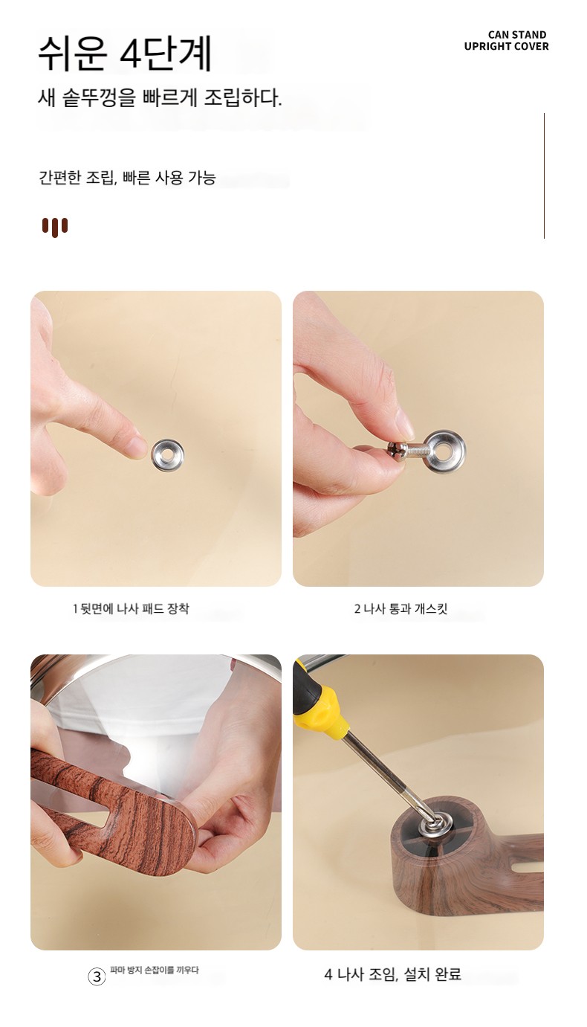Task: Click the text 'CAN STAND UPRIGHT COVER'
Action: (506, 40)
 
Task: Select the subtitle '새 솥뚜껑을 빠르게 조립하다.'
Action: (160, 97)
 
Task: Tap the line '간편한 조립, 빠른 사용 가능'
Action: (127, 178)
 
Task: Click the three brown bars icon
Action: (55, 227)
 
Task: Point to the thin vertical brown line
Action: (544, 176)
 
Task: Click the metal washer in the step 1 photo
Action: (167, 455)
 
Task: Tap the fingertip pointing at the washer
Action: (137, 448)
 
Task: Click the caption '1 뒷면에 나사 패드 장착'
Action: (131, 608)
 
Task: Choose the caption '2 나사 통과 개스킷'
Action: (400, 608)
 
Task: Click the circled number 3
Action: (97, 977)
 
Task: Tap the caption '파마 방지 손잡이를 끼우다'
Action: (155, 970)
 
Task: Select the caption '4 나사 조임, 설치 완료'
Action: (392, 973)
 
